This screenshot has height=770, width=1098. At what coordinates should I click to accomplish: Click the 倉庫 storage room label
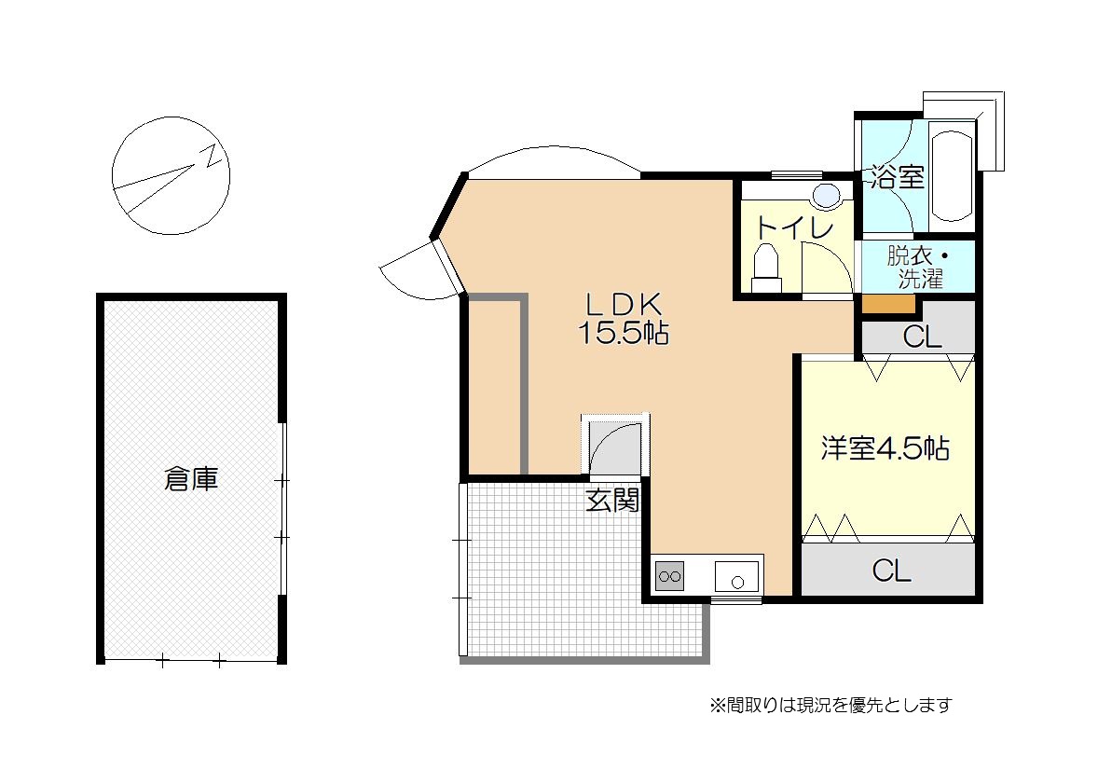pos(190,479)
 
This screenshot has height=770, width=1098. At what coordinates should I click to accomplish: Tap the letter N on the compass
pos(212,158)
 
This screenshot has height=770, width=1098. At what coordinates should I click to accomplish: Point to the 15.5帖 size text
pos(623,333)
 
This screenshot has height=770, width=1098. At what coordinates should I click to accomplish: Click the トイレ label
pos(795,227)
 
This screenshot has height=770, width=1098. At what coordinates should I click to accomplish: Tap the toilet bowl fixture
pos(765,268)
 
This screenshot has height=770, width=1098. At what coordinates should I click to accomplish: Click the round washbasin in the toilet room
pos(827,196)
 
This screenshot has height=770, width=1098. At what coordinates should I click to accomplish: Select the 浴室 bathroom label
pos(898,177)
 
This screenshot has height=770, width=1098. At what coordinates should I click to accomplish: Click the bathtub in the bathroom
pos(953,175)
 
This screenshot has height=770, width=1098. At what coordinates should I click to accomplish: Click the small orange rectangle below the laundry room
pos(888,303)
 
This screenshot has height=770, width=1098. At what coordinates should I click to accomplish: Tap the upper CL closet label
pos(922,337)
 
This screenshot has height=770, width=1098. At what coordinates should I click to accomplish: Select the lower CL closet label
pos(891,571)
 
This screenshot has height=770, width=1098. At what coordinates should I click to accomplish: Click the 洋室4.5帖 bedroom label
pos(885,448)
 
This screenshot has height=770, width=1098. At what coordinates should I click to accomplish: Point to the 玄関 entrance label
pos(612,501)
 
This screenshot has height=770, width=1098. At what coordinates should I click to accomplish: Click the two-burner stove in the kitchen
pos(669,577)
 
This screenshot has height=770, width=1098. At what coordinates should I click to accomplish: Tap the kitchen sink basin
pos(736,577)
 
